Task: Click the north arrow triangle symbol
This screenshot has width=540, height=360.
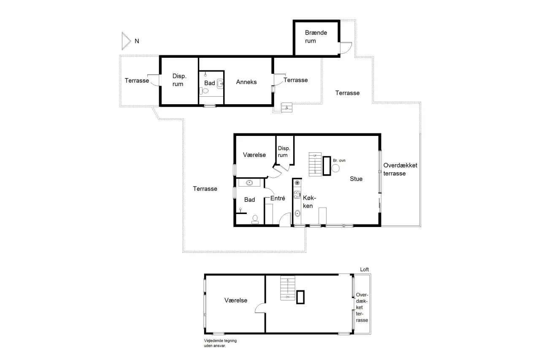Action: point(126,41)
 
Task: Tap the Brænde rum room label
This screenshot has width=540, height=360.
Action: point(316,37)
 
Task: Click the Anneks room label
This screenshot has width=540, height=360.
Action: point(246,82)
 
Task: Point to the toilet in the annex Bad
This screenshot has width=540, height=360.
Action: point(204,91)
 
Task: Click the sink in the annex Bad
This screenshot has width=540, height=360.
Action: point(220,84)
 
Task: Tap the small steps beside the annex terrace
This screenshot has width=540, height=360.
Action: point(286,108)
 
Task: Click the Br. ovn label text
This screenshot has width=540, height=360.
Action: point(339,160)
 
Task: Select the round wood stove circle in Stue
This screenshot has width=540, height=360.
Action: point(335,168)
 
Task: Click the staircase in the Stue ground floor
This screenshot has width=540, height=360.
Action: point(315,164)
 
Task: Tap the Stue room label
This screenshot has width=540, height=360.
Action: point(356,179)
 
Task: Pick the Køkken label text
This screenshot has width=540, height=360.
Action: point(309,202)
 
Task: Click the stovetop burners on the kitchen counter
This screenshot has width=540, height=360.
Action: point(297,195)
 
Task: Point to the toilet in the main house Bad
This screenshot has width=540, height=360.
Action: point(255,219)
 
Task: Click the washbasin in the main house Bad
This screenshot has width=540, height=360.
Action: point(249,183)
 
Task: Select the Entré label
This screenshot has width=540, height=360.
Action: point(278,198)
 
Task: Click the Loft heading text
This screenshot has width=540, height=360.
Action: point(364,270)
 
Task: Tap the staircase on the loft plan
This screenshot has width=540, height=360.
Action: point(288,288)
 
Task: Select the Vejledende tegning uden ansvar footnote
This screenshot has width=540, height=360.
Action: point(220,343)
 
